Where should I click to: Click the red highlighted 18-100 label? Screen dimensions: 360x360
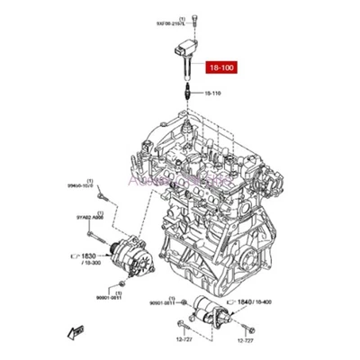223,67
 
